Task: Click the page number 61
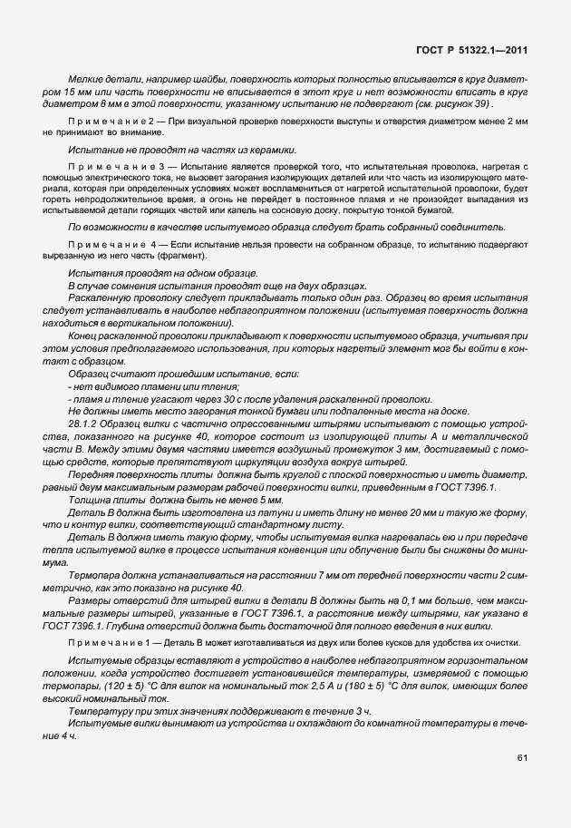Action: point(523,756)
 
